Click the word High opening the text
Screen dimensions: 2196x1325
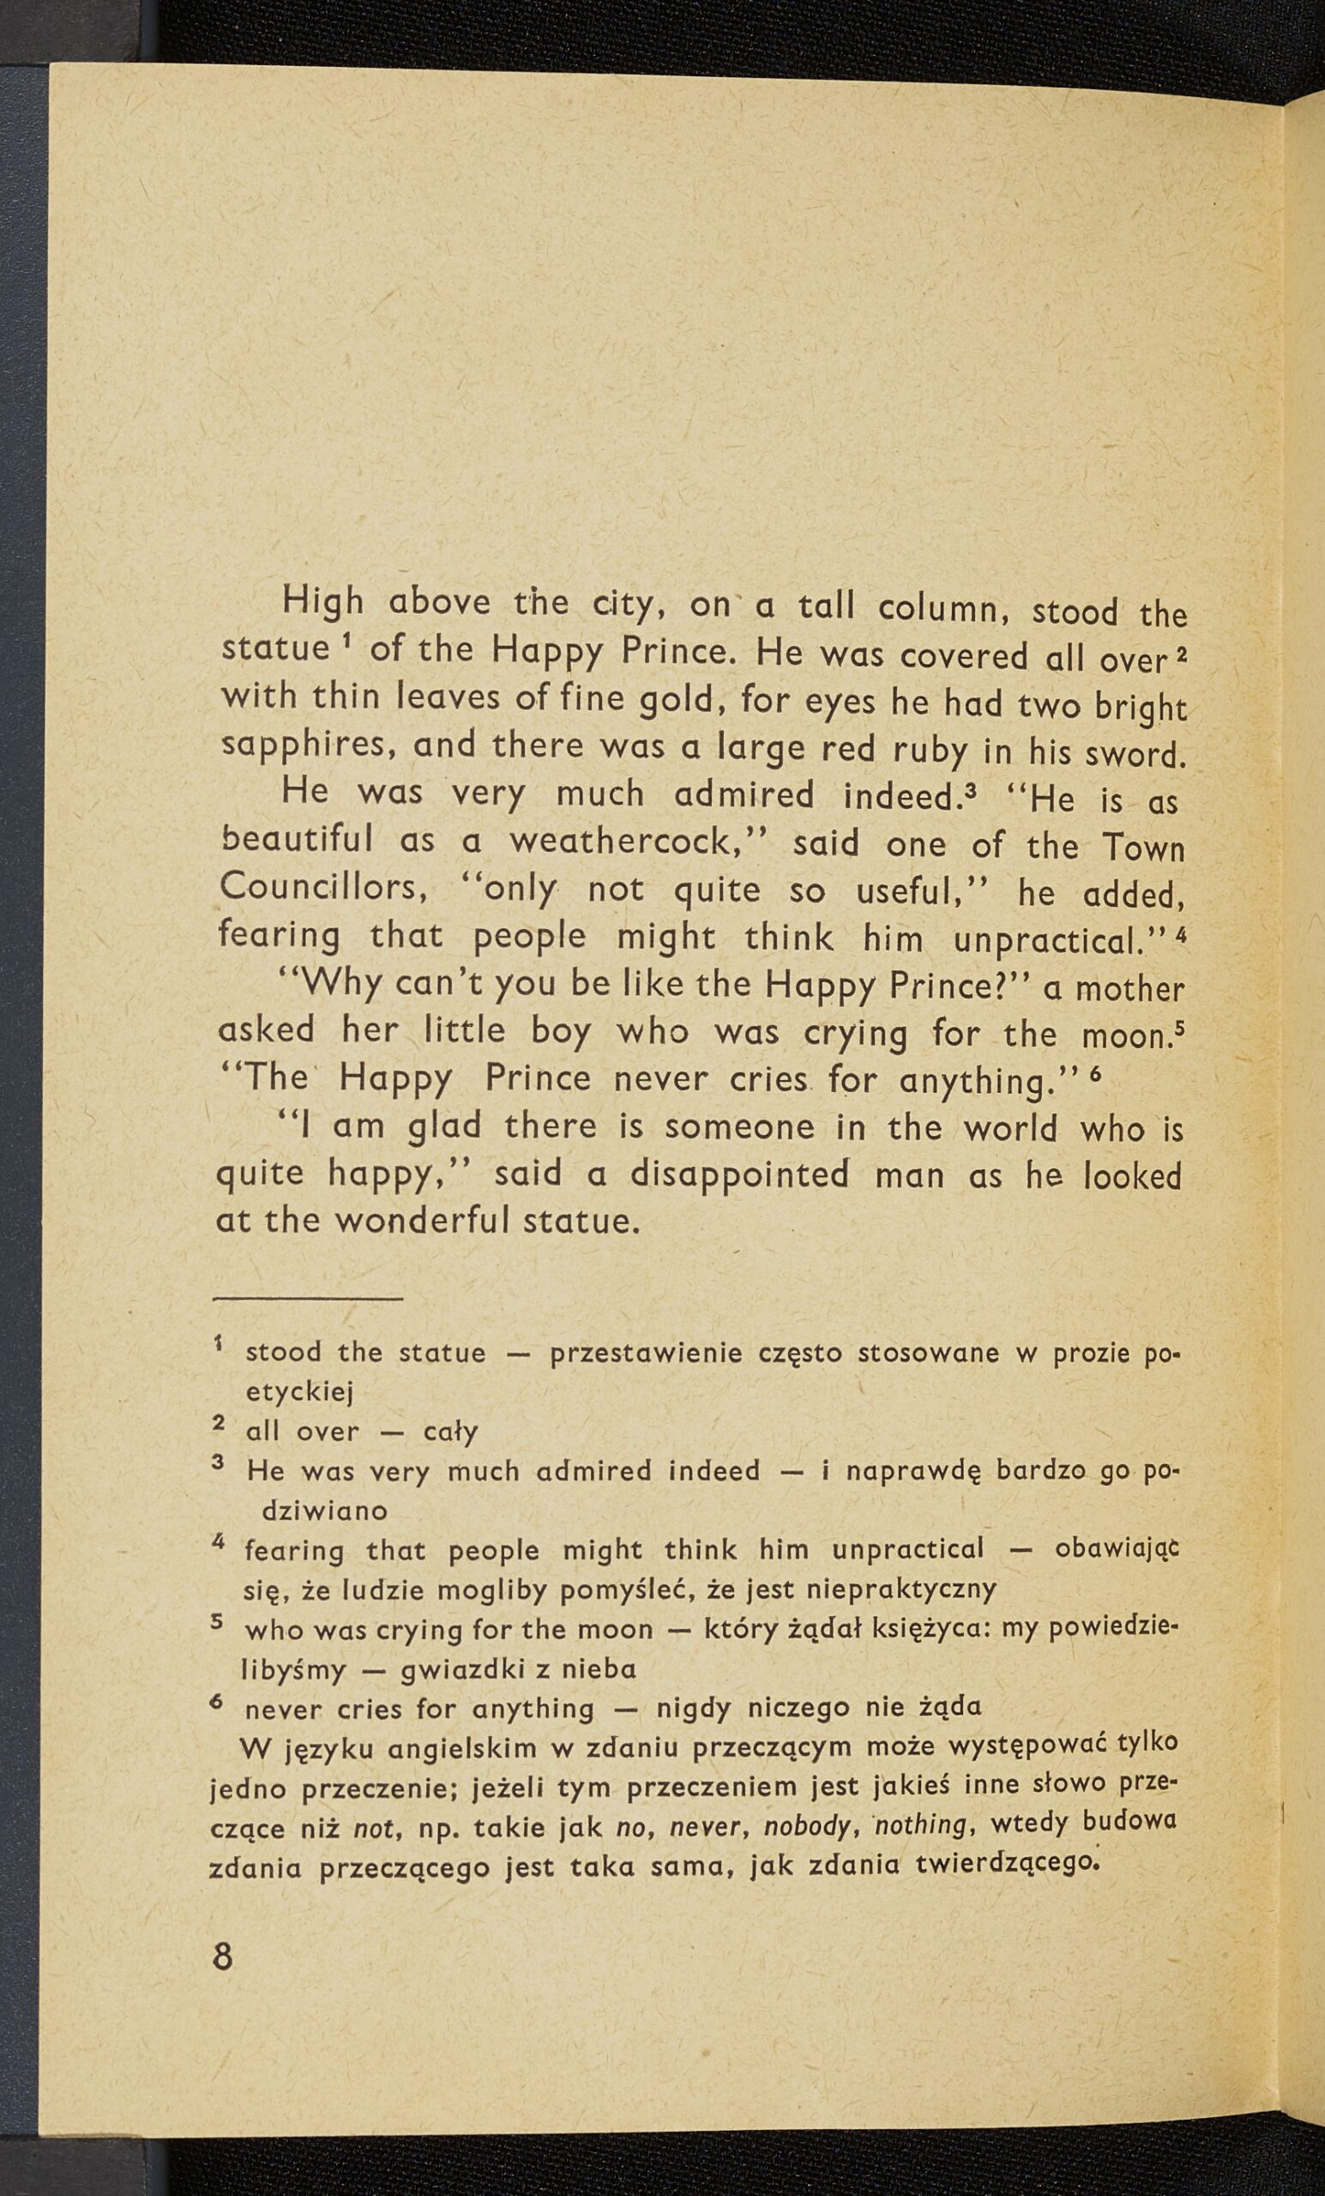click(x=323, y=604)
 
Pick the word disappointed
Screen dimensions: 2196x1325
click(x=739, y=1174)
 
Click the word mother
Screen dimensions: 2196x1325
click(x=1129, y=988)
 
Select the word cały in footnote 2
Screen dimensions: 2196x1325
click(x=450, y=1433)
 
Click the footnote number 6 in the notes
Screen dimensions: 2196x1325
click(x=215, y=1700)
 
